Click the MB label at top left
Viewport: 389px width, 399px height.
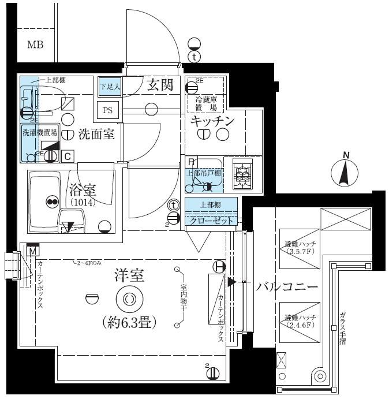point(35,44)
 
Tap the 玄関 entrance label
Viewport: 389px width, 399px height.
point(160,85)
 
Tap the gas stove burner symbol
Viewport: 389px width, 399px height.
point(242,173)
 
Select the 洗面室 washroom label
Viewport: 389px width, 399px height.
point(96,135)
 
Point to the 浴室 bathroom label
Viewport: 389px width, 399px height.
point(83,189)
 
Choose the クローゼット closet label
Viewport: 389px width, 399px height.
point(211,221)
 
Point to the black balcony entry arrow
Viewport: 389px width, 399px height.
point(231,282)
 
